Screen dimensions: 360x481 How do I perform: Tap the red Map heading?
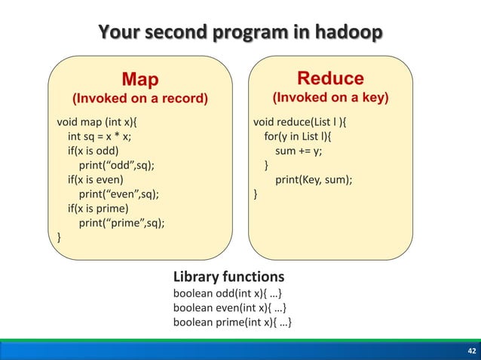[x=141, y=79]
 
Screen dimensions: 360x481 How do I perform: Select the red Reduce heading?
[x=330, y=78]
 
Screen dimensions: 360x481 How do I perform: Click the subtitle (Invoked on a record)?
[x=139, y=99]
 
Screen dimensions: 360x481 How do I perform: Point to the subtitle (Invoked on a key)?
[x=330, y=99]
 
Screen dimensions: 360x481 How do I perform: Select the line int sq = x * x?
[x=104, y=136]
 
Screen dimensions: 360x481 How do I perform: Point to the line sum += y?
[x=299, y=151]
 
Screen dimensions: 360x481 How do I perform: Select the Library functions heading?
[x=228, y=276]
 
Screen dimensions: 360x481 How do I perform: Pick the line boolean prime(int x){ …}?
[x=233, y=323]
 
